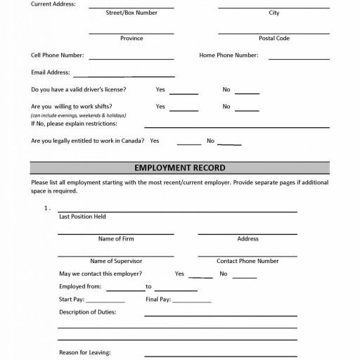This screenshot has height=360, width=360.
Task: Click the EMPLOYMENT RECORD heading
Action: point(179,168)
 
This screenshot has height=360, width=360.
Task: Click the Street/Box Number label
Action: point(131,13)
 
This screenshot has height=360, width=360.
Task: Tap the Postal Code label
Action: point(274,39)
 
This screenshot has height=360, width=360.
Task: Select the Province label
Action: point(131,39)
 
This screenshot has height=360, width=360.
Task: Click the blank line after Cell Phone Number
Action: point(131,58)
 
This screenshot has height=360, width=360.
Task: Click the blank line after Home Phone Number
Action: point(299,58)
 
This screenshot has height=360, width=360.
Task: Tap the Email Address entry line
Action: point(124,75)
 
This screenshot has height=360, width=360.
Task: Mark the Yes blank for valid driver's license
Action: point(184,92)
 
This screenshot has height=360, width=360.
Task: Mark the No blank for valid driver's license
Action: point(247,92)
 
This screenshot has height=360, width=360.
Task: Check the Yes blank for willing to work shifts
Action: point(184,109)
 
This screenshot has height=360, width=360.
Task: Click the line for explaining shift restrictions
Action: point(237,126)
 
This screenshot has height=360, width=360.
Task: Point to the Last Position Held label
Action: point(82,217)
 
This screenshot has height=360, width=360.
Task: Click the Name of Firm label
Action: point(116,239)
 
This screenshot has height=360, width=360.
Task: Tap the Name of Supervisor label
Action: point(116,261)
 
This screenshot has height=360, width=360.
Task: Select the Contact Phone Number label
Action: point(247,261)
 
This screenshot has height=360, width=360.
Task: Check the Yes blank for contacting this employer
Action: point(200,276)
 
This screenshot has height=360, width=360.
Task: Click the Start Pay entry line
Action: point(105,302)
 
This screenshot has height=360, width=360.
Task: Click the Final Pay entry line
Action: point(191,302)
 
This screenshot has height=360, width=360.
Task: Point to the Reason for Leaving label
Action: point(85,352)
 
